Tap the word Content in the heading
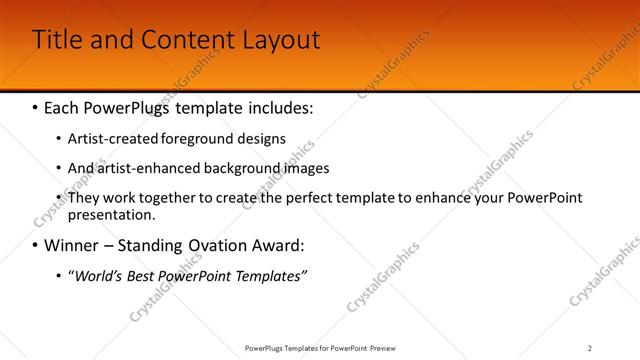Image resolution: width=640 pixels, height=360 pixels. [x=184, y=40]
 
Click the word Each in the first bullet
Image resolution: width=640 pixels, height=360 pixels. [x=63, y=106]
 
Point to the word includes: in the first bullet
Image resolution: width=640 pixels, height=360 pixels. [x=278, y=106]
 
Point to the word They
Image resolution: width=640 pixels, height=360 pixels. [x=83, y=198]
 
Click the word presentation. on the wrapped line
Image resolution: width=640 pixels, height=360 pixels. [x=112, y=214]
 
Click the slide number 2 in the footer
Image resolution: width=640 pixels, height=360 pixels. [x=589, y=348]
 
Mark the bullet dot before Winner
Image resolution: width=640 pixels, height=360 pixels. [x=35, y=245]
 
